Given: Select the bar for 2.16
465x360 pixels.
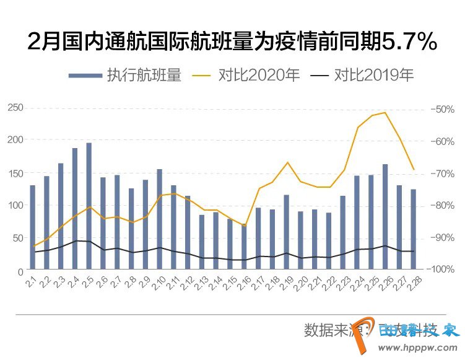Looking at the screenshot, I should tap(244, 248).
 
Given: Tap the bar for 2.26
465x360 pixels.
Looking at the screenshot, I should tap(385, 217).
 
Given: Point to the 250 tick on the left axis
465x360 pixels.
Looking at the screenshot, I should tap(15, 108).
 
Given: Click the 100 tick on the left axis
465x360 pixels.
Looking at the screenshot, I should tap(15, 206).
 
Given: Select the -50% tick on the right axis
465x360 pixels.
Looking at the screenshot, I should tap(444, 109).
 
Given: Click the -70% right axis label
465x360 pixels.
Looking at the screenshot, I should tap(444, 173).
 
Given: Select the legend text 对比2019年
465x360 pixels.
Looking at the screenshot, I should tap(374, 76).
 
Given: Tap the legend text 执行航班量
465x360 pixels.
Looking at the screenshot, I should tap(144, 76).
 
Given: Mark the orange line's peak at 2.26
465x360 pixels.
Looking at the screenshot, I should tap(385, 112).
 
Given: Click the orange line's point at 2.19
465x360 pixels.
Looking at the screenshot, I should tap(287, 162).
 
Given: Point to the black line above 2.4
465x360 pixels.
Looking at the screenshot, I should tap(75, 240).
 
